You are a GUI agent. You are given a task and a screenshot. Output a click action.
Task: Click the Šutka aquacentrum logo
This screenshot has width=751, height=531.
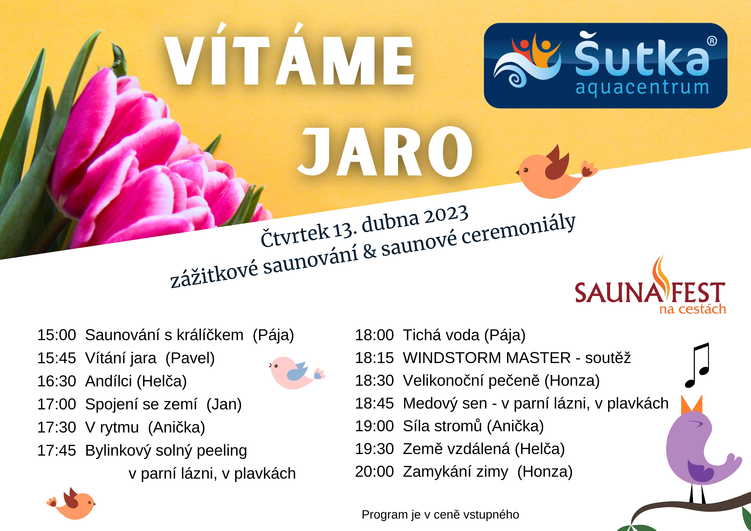605,65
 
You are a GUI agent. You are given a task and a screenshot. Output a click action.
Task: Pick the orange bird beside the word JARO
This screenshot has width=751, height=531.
556,172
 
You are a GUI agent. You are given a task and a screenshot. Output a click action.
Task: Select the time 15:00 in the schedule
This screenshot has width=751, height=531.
57,335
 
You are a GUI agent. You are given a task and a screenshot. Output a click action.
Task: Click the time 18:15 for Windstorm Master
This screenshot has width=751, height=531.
375,358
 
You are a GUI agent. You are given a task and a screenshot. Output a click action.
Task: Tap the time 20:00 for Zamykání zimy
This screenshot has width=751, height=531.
375,472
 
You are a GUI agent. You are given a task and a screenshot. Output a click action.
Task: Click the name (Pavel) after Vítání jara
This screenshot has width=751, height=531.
190,358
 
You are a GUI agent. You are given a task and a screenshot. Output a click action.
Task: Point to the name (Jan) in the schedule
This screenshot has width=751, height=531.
224,404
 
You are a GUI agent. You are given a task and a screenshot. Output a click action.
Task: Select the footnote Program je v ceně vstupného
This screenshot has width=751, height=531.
440,515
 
